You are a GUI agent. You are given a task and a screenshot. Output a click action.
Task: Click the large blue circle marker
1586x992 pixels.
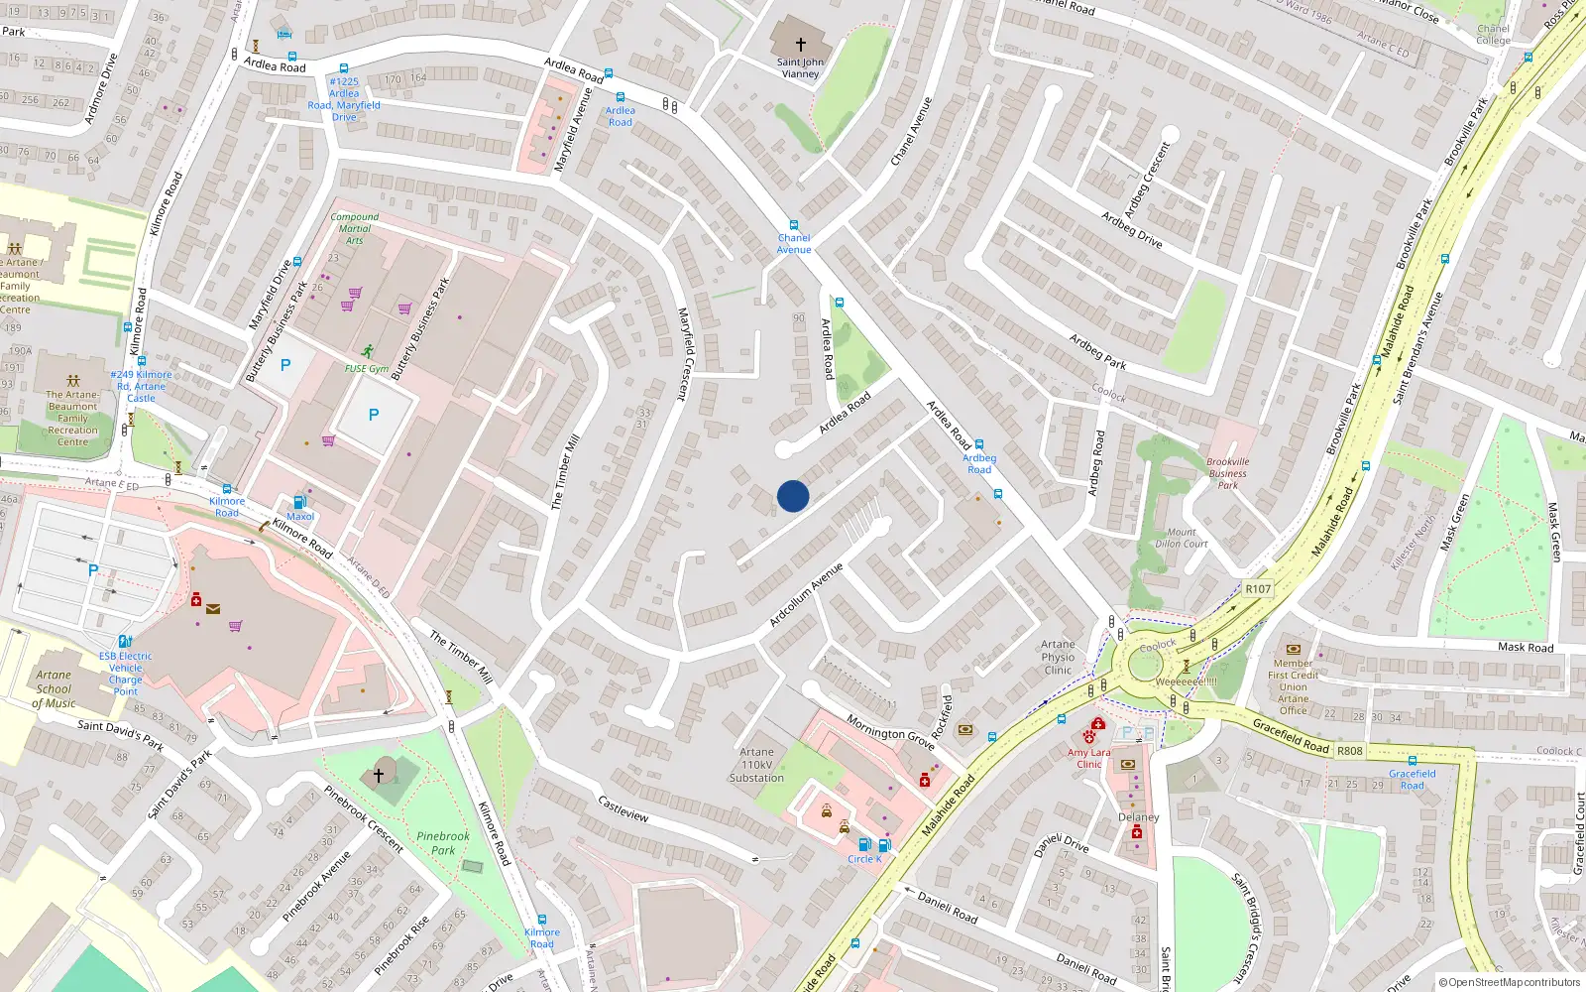[x=793, y=496]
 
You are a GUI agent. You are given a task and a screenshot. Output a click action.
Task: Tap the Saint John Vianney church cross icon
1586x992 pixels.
[x=801, y=45]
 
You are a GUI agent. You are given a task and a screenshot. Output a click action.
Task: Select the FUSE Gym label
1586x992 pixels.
[x=367, y=368]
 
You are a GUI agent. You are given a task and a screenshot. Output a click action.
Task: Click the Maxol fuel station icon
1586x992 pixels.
[x=299, y=502]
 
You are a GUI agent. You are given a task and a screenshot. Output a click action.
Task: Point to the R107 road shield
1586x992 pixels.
[x=1258, y=588]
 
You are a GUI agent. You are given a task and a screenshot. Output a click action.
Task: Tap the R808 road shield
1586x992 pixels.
[x=1349, y=751]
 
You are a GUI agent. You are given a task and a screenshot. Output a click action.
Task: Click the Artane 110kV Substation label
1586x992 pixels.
[x=756, y=765]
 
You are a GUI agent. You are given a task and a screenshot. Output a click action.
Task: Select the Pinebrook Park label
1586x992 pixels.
[x=443, y=843]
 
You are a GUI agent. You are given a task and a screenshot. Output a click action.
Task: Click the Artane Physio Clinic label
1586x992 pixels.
[x=1058, y=657]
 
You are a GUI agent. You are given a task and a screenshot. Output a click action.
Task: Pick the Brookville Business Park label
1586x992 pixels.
[x=1228, y=473]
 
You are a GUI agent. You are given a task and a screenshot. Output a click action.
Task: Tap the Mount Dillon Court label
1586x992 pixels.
[x=1182, y=538]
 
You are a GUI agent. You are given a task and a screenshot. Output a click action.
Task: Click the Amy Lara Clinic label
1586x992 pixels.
[x=1088, y=758]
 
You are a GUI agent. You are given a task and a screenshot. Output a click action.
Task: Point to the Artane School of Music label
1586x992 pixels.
[x=54, y=689]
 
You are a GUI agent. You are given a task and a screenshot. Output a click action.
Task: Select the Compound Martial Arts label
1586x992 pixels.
[x=355, y=228]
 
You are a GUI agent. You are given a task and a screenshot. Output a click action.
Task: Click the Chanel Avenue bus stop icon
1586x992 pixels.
[x=793, y=225]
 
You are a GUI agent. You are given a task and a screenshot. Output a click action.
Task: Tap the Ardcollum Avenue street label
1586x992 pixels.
[x=806, y=594]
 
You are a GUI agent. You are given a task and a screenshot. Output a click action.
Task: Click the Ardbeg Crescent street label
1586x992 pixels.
[x=1148, y=180]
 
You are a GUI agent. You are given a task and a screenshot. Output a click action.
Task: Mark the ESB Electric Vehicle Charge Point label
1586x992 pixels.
[x=126, y=674]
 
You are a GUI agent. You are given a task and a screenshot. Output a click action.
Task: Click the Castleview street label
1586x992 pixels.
[x=623, y=808]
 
